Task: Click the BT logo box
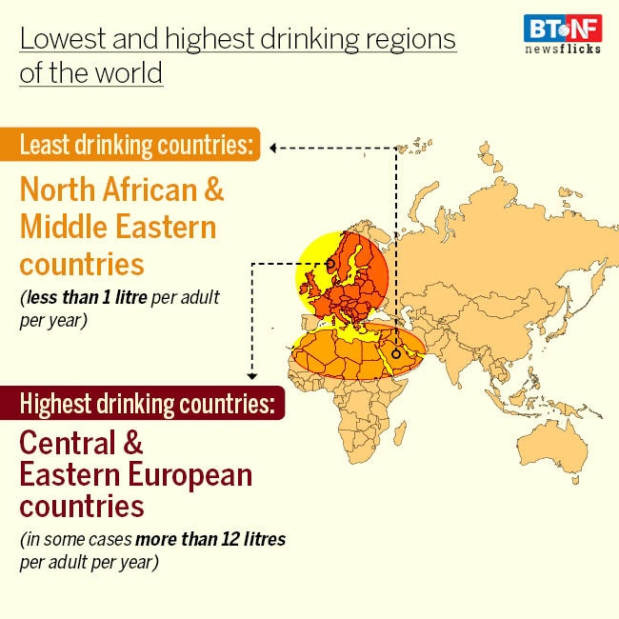[541, 28]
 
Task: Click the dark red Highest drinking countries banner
[147, 403]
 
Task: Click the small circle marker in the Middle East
[395, 353]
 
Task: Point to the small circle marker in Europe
[330, 265]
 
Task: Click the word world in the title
[121, 73]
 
